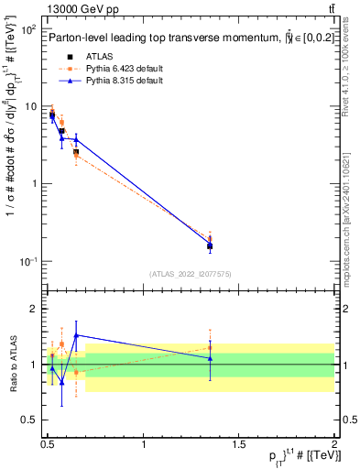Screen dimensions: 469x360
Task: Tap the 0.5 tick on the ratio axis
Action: point(27,420)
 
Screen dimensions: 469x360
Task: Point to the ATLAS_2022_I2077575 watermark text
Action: point(191,273)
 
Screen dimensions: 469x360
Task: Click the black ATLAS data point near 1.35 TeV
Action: point(210,245)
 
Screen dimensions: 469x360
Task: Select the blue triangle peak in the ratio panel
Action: point(76,335)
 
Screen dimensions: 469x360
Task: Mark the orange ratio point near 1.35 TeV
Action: point(210,347)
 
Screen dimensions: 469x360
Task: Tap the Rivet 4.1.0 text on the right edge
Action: point(352,82)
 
